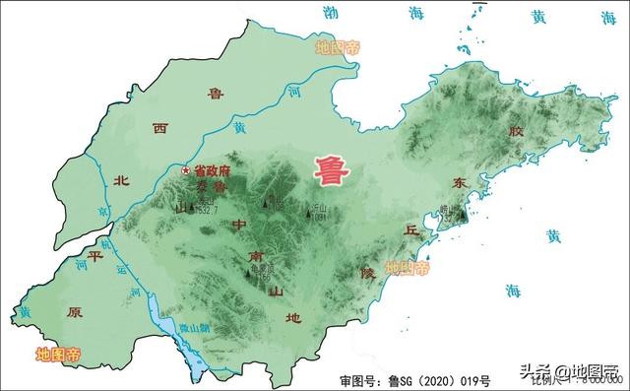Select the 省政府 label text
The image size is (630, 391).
(212, 170)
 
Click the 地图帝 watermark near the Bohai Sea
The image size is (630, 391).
(339, 46)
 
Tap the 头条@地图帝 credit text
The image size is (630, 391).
(571, 372)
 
